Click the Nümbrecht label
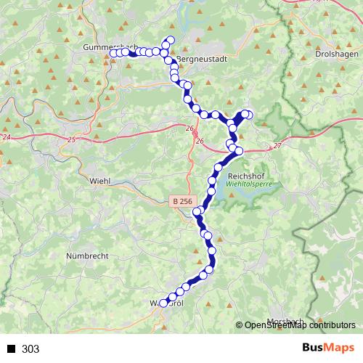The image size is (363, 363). [89, 256]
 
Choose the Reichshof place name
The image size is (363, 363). [248, 176]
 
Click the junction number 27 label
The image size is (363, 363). [277, 146]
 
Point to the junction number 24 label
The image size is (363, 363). [7, 136]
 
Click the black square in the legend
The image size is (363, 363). [11, 349]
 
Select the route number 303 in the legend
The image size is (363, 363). [30, 349]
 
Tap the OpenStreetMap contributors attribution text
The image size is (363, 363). [298, 326]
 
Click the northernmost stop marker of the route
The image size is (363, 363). [171, 39]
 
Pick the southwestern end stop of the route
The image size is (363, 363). [163, 303]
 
